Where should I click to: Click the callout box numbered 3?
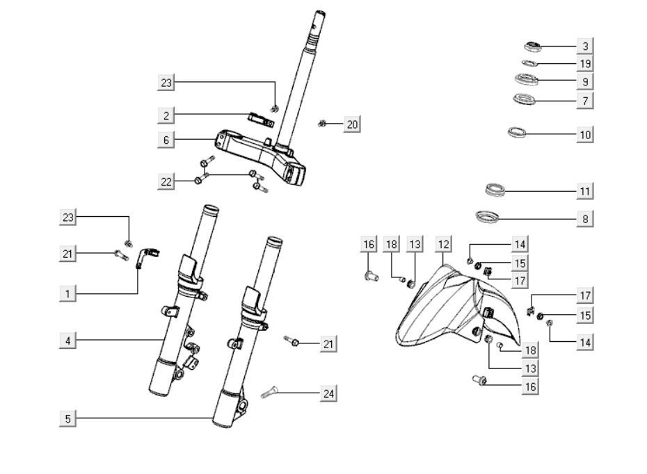click(x=585, y=47)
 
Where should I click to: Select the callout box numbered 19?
click(x=585, y=64)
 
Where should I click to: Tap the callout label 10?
click(x=585, y=134)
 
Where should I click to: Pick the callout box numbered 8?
click(x=585, y=219)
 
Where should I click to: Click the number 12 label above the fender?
click(x=443, y=244)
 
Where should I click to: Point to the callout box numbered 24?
click(x=329, y=393)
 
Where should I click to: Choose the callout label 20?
click(x=352, y=124)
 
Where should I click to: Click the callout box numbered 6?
click(x=166, y=140)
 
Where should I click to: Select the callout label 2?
click(x=166, y=115)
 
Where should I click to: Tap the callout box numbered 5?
click(x=67, y=418)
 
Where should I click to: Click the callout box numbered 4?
click(x=67, y=341)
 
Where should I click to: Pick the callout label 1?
click(x=67, y=293)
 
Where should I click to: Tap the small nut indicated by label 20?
click(x=323, y=124)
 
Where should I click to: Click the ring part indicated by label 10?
click(x=517, y=131)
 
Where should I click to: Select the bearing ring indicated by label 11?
click(x=495, y=188)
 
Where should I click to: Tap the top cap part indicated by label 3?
click(x=533, y=47)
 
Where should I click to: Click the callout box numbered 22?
click(x=166, y=181)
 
